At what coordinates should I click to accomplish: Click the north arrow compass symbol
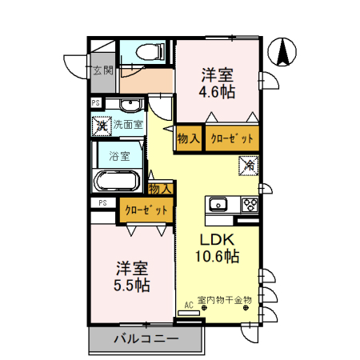(x=282, y=52)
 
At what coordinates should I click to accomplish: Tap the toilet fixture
(x=150, y=51)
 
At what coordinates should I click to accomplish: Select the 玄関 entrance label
(x=103, y=70)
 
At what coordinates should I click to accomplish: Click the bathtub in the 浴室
(x=118, y=181)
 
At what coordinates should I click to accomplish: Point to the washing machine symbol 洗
(x=102, y=126)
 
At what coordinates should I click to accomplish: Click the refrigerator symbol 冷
(x=249, y=166)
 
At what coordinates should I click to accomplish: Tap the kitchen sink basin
(x=218, y=204)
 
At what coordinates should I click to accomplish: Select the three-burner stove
(x=250, y=205)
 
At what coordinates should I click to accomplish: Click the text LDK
(x=217, y=239)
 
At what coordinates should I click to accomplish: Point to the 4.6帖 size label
(x=217, y=92)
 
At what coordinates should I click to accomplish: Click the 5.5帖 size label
(x=132, y=286)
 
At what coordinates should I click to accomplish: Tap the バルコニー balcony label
(x=146, y=339)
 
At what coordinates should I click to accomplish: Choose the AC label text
(x=189, y=305)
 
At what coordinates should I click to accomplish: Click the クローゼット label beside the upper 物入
(x=232, y=138)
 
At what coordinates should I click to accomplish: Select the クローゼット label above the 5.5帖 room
(x=146, y=210)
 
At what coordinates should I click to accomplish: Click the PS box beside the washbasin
(x=96, y=102)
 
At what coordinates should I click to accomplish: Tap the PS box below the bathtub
(x=103, y=202)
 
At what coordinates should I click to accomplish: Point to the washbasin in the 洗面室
(x=130, y=105)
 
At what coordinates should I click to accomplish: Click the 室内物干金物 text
(x=225, y=300)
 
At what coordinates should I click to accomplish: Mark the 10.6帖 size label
(x=217, y=256)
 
